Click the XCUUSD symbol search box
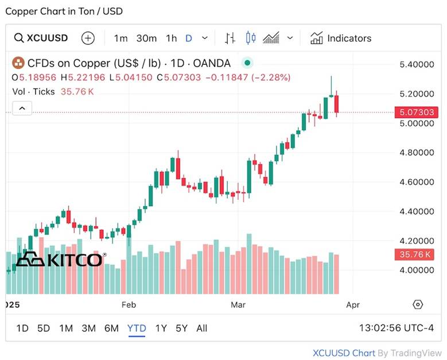(41, 38)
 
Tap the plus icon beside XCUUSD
(88, 38)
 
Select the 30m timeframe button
(146, 38)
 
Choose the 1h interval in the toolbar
(171, 38)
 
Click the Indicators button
(341, 38)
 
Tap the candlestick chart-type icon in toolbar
(250, 38)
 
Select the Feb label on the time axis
(129, 304)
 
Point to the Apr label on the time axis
(353, 304)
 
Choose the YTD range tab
(137, 328)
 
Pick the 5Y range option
(181, 328)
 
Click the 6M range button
(111, 328)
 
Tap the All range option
(202, 328)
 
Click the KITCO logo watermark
(59, 260)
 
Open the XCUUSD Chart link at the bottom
(344, 353)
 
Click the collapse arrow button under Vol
(22, 108)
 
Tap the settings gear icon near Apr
(418, 304)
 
